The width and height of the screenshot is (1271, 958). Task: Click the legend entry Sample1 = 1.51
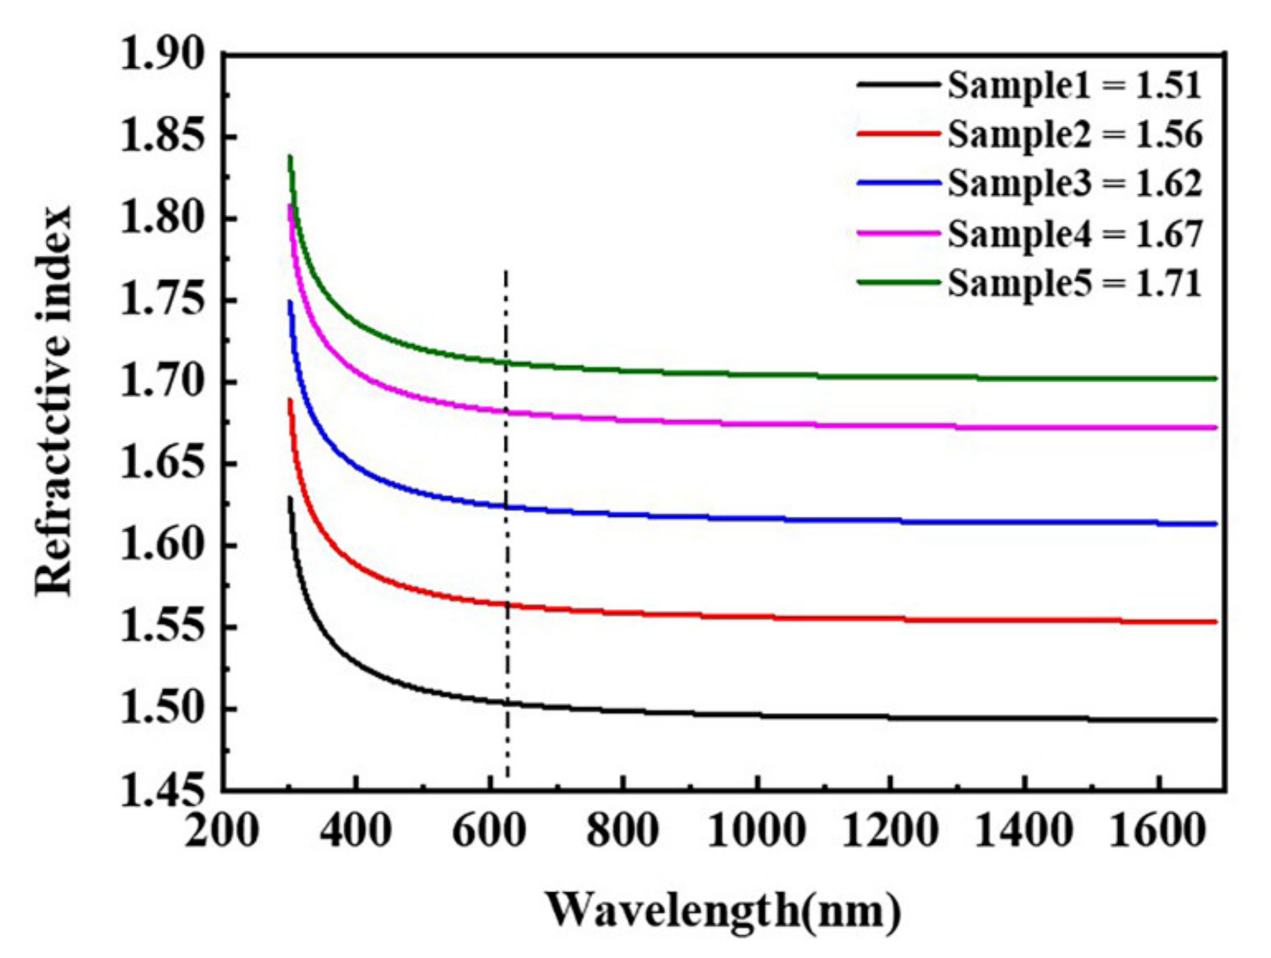click(1074, 85)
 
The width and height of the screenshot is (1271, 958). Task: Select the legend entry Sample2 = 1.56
click(1074, 134)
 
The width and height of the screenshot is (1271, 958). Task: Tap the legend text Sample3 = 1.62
click(1074, 183)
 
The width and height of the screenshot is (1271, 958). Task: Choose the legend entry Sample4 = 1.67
click(1074, 233)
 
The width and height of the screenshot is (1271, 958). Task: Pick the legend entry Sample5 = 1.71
click(1074, 283)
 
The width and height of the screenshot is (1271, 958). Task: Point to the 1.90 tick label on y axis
click(162, 54)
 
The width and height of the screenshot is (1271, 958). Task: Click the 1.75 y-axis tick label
click(162, 300)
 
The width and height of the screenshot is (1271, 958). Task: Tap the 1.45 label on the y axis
click(162, 790)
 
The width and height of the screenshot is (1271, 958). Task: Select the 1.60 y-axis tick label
click(162, 545)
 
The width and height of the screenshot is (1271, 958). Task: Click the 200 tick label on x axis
click(222, 831)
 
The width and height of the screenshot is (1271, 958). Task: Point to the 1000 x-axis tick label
click(757, 831)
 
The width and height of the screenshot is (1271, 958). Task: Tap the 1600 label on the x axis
click(1157, 831)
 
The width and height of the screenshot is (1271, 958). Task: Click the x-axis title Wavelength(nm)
click(723, 910)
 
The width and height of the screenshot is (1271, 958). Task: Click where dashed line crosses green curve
click(506, 363)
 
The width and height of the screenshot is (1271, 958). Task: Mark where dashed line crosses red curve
click(507, 604)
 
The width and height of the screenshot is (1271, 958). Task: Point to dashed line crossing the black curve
click(507, 703)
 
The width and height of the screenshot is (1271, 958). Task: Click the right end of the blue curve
click(1215, 524)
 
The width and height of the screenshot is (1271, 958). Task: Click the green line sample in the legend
click(898, 282)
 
